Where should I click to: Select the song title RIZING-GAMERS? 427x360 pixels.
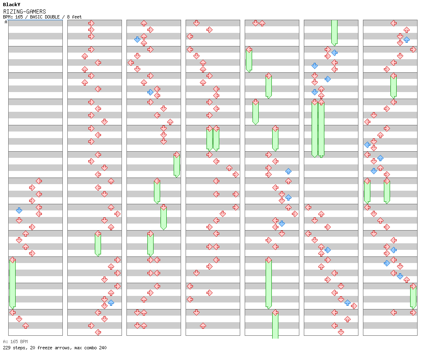tap(24, 12)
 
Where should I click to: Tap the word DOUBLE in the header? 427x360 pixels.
tap(57, 17)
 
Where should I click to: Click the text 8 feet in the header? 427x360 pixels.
tap(74, 17)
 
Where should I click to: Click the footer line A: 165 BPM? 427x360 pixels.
tap(15, 342)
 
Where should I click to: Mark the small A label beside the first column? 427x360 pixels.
tap(6, 22)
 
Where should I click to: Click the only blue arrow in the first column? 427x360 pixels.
tap(19, 210)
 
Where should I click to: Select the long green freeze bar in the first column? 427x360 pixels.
tap(12, 284)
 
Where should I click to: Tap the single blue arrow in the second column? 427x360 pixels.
tap(111, 302)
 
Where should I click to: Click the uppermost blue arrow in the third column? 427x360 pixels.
tap(137, 39)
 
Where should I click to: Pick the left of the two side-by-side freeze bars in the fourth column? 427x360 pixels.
tap(209, 139)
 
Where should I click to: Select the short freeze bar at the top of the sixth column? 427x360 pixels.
tap(334, 32)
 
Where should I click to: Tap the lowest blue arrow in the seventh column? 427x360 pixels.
tap(400, 276)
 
